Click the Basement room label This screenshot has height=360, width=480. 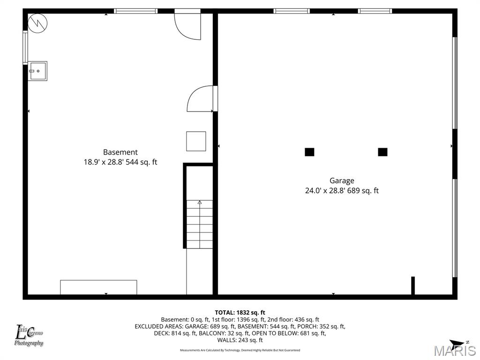(120, 152)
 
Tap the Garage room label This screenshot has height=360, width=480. (342, 180)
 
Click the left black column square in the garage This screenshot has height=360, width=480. (309, 152)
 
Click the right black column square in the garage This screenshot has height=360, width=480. (382, 152)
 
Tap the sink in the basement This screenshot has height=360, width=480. (37, 71)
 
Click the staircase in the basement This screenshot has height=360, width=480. (199, 224)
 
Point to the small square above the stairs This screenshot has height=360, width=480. (196, 141)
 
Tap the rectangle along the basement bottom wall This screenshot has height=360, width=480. (98, 287)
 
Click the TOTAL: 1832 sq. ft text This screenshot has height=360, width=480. (240, 312)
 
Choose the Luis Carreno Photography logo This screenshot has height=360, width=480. (29, 336)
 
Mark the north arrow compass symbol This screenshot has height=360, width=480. (459, 344)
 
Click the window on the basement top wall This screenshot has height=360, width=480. (136, 11)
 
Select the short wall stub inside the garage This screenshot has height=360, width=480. (413, 285)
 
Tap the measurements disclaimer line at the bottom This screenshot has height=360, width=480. (240, 350)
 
